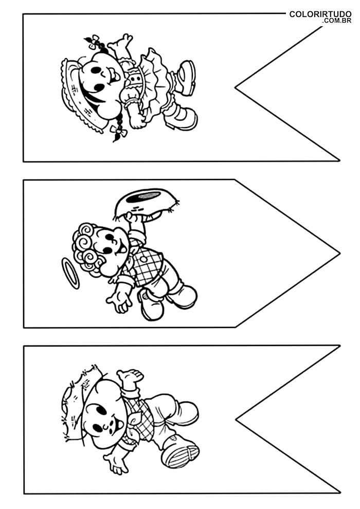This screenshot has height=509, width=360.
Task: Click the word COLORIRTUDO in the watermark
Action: click(x=320, y=14)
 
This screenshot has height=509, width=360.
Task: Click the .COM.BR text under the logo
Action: click(x=337, y=21)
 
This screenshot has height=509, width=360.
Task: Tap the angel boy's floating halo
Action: click(x=69, y=274)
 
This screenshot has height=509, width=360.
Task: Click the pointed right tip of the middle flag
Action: click(x=339, y=253)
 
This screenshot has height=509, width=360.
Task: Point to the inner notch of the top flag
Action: click(x=236, y=87)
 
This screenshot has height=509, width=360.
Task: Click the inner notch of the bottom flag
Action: click(x=236, y=419)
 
